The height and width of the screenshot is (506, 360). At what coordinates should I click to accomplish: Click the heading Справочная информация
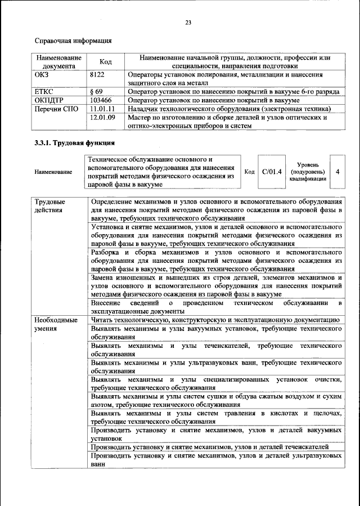73,41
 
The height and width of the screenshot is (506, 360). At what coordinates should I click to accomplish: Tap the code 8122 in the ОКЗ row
97,74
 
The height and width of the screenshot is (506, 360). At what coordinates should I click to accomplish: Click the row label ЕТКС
45,91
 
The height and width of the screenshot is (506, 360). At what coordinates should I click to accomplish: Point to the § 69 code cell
96,91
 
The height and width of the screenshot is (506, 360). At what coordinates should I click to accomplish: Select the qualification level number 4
337,171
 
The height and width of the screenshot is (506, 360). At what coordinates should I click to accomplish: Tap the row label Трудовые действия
49,205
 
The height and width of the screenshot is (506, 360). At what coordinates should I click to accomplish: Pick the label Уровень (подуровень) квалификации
308,171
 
